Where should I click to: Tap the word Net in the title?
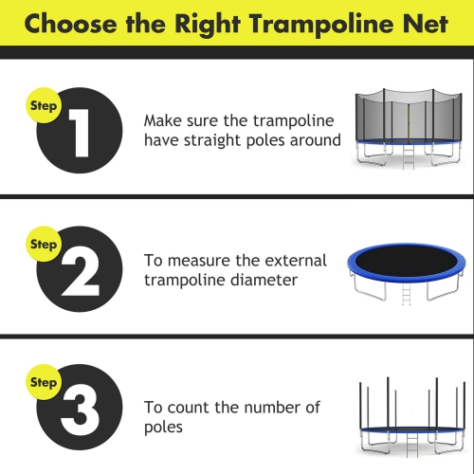[424, 23]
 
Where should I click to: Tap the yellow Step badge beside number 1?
[44, 104]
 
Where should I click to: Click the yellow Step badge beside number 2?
[44, 244]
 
